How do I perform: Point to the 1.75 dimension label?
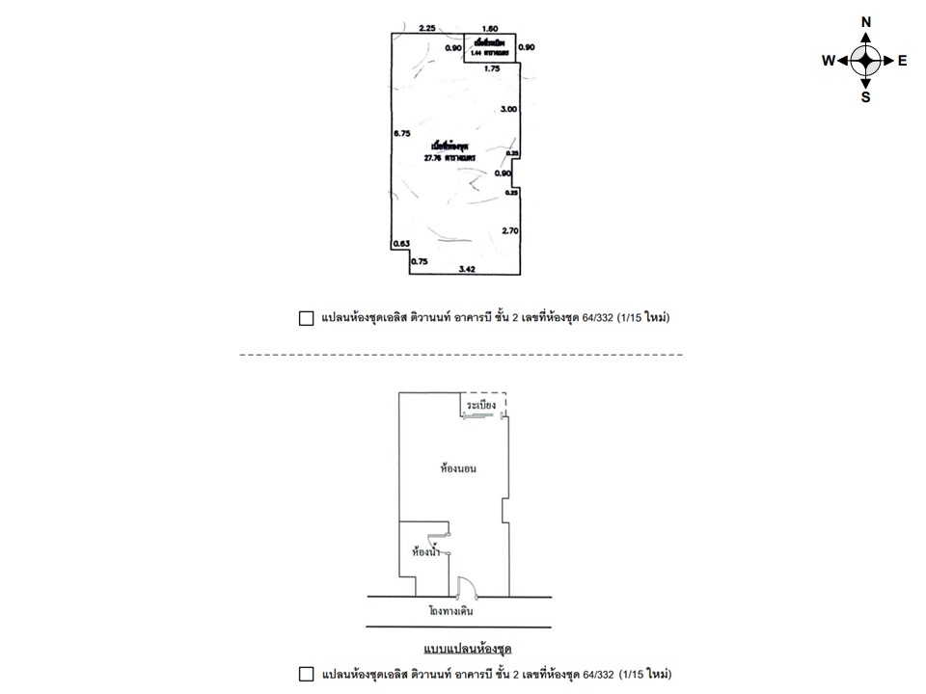(492, 69)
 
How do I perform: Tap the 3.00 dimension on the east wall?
(508, 110)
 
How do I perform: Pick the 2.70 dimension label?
(511, 230)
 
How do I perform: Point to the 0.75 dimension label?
(419, 261)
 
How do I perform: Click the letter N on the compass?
(866, 22)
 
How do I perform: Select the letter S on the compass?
(866, 96)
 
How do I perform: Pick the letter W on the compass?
(828, 60)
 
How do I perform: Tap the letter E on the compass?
(902, 60)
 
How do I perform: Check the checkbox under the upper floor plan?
(306, 318)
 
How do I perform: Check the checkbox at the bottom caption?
(306, 674)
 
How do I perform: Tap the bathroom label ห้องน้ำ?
(425, 552)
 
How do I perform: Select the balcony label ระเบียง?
(480, 406)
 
